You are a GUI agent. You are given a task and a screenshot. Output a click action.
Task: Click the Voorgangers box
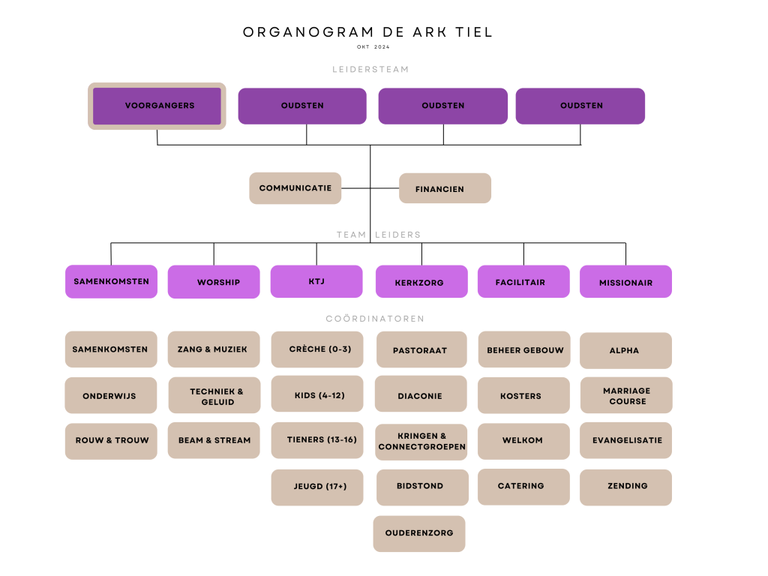coord(157,106)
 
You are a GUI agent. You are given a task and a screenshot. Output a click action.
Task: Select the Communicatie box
coord(295,188)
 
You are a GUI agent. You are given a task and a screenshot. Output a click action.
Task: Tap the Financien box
coord(445,188)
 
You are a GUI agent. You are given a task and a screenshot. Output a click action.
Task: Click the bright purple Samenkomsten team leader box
coord(111,282)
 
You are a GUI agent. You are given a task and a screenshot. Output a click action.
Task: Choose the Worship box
coord(214,282)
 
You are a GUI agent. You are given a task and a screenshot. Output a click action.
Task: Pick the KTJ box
coord(316,282)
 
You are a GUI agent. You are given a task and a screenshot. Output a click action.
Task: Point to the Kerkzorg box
coord(421,282)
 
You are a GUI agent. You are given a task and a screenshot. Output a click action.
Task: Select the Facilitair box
coord(523,282)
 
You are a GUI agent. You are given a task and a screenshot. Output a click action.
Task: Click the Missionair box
coord(626,282)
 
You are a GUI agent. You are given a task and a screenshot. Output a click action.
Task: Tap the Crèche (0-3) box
coord(317,349)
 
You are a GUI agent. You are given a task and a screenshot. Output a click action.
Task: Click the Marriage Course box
coord(626,395)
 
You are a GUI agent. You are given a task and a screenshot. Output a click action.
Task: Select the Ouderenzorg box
coord(419,534)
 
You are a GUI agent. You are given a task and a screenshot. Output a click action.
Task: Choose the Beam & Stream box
coord(214,440)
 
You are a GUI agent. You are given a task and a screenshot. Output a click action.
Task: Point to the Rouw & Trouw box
coord(111,441)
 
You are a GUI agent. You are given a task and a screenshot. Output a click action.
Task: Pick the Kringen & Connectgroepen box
coord(421,442)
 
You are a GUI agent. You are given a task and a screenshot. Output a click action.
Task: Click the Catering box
coord(523,487)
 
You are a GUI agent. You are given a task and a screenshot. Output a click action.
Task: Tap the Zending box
coord(626,487)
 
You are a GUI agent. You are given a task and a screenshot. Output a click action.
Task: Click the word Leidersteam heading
coord(370,70)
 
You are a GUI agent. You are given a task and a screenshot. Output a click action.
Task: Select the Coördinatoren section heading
coord(375,318)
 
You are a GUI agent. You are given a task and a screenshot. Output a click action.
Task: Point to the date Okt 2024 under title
coord(373,47)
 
